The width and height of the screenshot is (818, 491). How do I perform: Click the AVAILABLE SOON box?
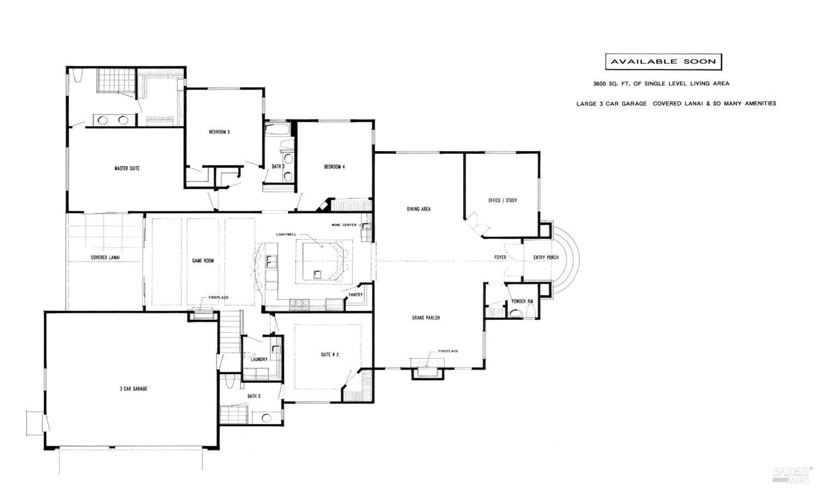point(663,62)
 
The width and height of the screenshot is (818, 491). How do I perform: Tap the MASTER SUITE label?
point(127,169)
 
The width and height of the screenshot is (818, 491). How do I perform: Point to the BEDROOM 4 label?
point(334,167)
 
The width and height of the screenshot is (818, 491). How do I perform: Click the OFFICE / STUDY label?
point(502,201)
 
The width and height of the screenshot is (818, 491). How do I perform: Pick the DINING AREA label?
point(419,209)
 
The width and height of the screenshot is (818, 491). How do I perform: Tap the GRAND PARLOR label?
point(426,318)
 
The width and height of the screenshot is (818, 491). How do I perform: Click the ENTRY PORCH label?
point(545,258)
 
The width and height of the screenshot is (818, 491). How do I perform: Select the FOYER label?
point(500,258)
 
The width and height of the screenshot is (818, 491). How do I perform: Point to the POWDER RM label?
point(522,302)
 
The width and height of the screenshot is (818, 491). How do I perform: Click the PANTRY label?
point(355,295)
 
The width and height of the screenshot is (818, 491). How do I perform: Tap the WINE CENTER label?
point(345,225)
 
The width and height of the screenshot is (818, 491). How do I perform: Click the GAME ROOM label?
point(203,261)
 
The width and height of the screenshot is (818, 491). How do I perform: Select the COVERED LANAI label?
point(105,258)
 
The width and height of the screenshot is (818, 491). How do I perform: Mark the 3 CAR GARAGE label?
point(134,389)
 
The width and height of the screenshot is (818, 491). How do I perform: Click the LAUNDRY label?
point(259,360)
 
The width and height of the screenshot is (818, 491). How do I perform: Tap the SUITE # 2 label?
point(329,355)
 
